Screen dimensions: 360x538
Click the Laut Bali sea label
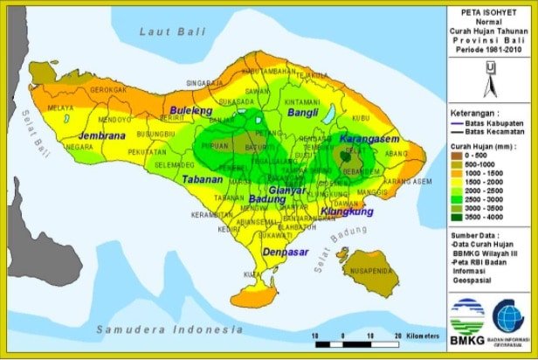(171, 31)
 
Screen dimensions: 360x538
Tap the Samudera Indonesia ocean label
(169, 329)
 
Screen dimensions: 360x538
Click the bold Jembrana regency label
(101, 136)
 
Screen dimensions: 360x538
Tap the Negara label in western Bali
(79, 147)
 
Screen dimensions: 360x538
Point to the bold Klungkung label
(347, 211)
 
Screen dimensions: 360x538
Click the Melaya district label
(60, 108)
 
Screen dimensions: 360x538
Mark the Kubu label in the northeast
(361, 117)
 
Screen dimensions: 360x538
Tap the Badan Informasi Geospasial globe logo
(508, 316)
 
